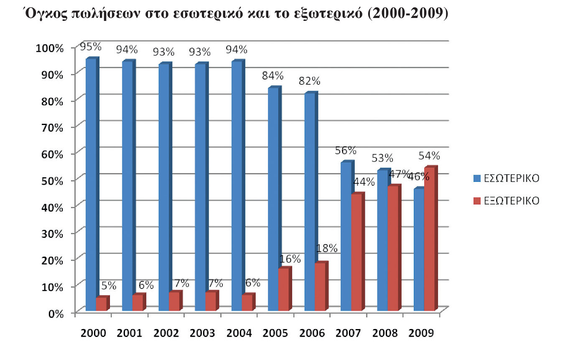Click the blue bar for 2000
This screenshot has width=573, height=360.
click(91, 184)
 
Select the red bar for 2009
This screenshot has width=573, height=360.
click(430, 239)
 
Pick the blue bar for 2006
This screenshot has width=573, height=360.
click(310, 202)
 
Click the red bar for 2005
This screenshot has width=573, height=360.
click(284, 289)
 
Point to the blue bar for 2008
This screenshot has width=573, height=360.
click(383, 240)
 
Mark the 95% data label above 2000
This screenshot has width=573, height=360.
click(91, 47)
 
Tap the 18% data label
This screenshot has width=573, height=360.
click(327, 248)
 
